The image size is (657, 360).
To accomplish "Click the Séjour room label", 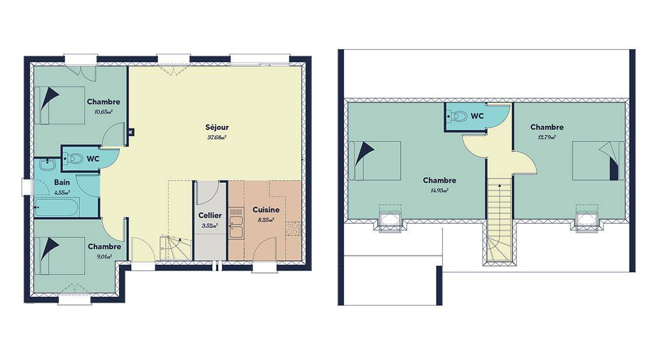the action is (x=217, y=127).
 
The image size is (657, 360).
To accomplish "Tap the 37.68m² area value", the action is (x=217, y=137).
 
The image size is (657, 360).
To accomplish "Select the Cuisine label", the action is (x=266, y=210).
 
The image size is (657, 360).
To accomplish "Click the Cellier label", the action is (x=210, y=216).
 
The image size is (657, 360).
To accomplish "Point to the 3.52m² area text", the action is (x=210, y=226).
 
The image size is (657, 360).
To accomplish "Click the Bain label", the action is (x=62, y=183).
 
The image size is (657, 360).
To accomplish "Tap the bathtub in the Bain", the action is (x=55, y=207).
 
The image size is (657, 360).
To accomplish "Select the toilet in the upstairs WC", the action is (x=457, y=116).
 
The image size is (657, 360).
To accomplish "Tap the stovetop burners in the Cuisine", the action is (x=293, y=229).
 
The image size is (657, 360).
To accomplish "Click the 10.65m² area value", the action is (x=104, y=112).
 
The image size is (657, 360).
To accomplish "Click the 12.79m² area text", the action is (x=547, y=137).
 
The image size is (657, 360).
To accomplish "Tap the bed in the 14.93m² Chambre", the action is (x=375, y=161).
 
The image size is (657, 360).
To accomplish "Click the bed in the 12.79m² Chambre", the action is (x=599, y=161).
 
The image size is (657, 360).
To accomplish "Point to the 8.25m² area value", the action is (x=266, y=220).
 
